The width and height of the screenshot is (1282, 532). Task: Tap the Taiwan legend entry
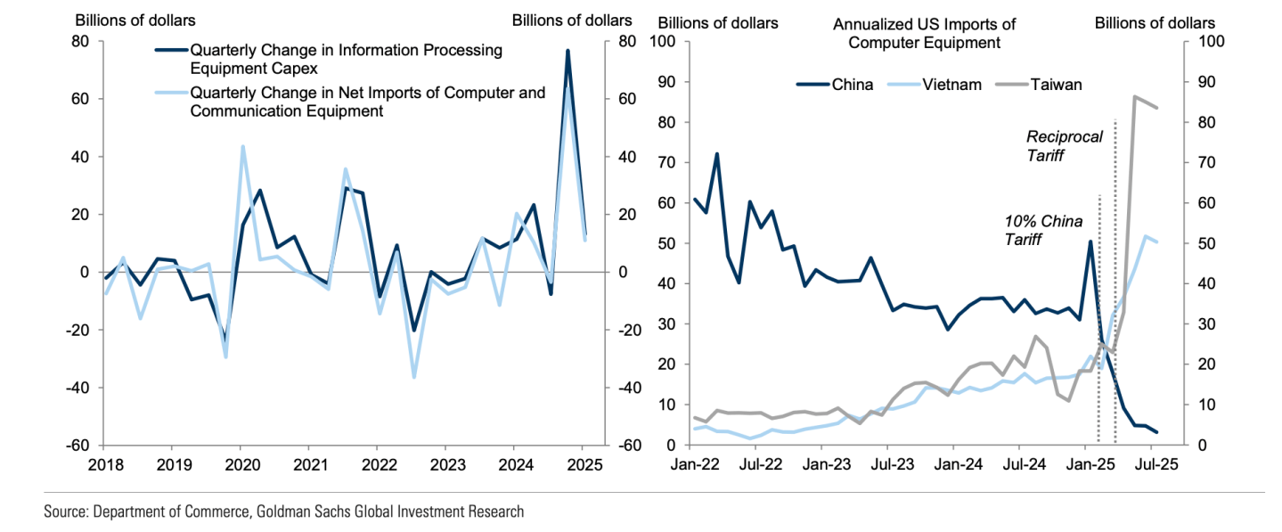1056,86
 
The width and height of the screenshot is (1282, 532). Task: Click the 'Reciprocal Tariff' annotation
1065,145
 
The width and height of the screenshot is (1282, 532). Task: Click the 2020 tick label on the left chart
240,465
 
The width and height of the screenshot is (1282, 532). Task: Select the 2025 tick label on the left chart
584,465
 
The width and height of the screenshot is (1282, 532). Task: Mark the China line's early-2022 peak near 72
716,154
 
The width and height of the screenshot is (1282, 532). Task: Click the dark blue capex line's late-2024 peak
568,51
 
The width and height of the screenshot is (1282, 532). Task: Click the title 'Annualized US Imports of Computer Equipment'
924,33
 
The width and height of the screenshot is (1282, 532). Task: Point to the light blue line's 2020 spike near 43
243,147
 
